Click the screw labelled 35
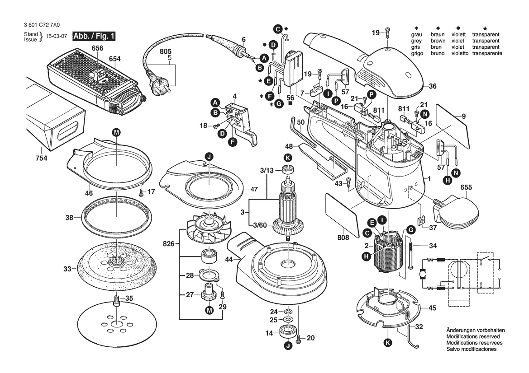(117, 299)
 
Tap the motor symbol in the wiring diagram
(423, 274)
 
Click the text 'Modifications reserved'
(473, 337)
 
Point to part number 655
(467, 187)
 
